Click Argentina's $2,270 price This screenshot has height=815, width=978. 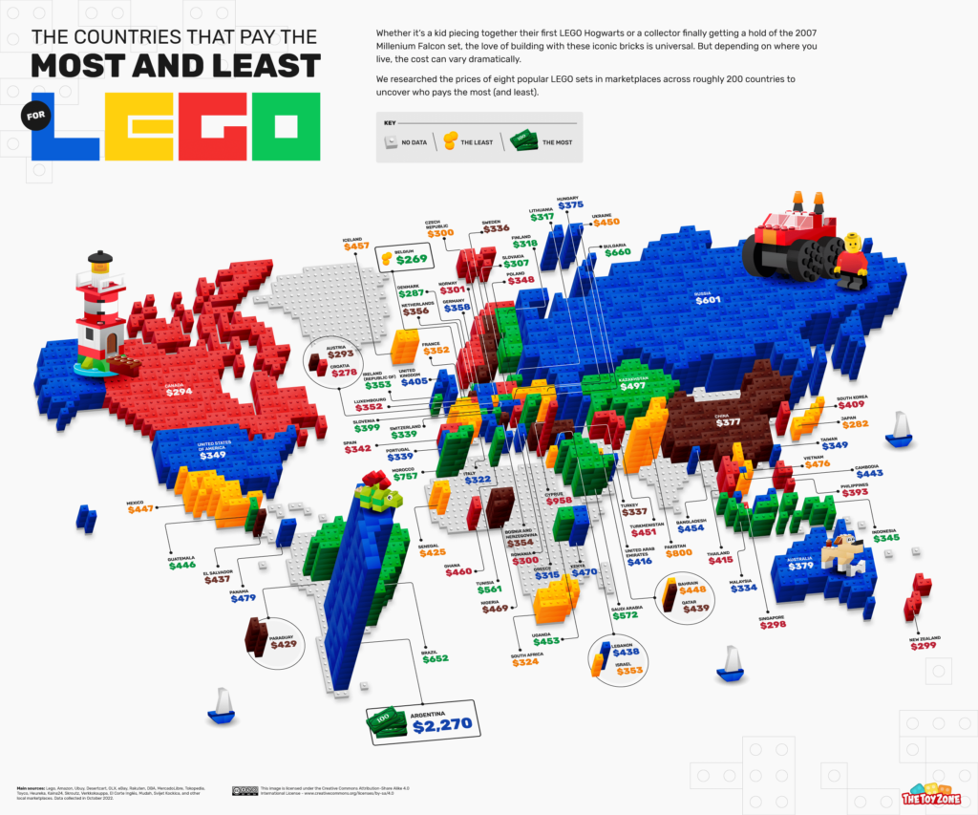click(444, 725)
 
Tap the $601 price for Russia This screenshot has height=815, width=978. click(707, 299)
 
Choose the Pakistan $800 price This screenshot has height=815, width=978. click(678, 553)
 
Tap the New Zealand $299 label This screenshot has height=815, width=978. click(924, 646)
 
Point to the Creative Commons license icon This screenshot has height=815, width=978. click(242, 790)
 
